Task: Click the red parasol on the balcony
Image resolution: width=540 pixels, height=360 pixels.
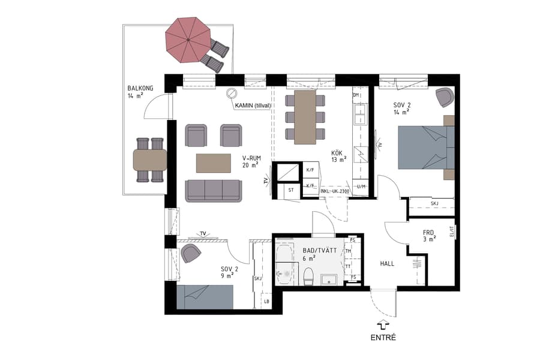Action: click(187, 40)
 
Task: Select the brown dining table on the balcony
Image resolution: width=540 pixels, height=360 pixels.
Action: click(150, 160)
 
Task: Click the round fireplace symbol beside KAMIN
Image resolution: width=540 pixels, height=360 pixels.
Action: click(232, 94)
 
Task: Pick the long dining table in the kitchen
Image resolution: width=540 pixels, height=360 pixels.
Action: click(305, 117)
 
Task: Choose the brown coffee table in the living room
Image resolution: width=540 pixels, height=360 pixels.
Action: click(214, 163)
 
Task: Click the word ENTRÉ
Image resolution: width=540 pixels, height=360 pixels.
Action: click(383, 338)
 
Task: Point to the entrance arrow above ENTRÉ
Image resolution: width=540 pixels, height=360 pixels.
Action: click(383, 324)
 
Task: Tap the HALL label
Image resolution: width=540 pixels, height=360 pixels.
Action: click(387, 263)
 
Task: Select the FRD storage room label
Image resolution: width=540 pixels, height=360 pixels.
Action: click(428, 232)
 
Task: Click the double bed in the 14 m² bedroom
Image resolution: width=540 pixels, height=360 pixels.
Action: click(423, 148)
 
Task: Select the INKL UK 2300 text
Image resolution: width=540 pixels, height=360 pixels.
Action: click(335, 191)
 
